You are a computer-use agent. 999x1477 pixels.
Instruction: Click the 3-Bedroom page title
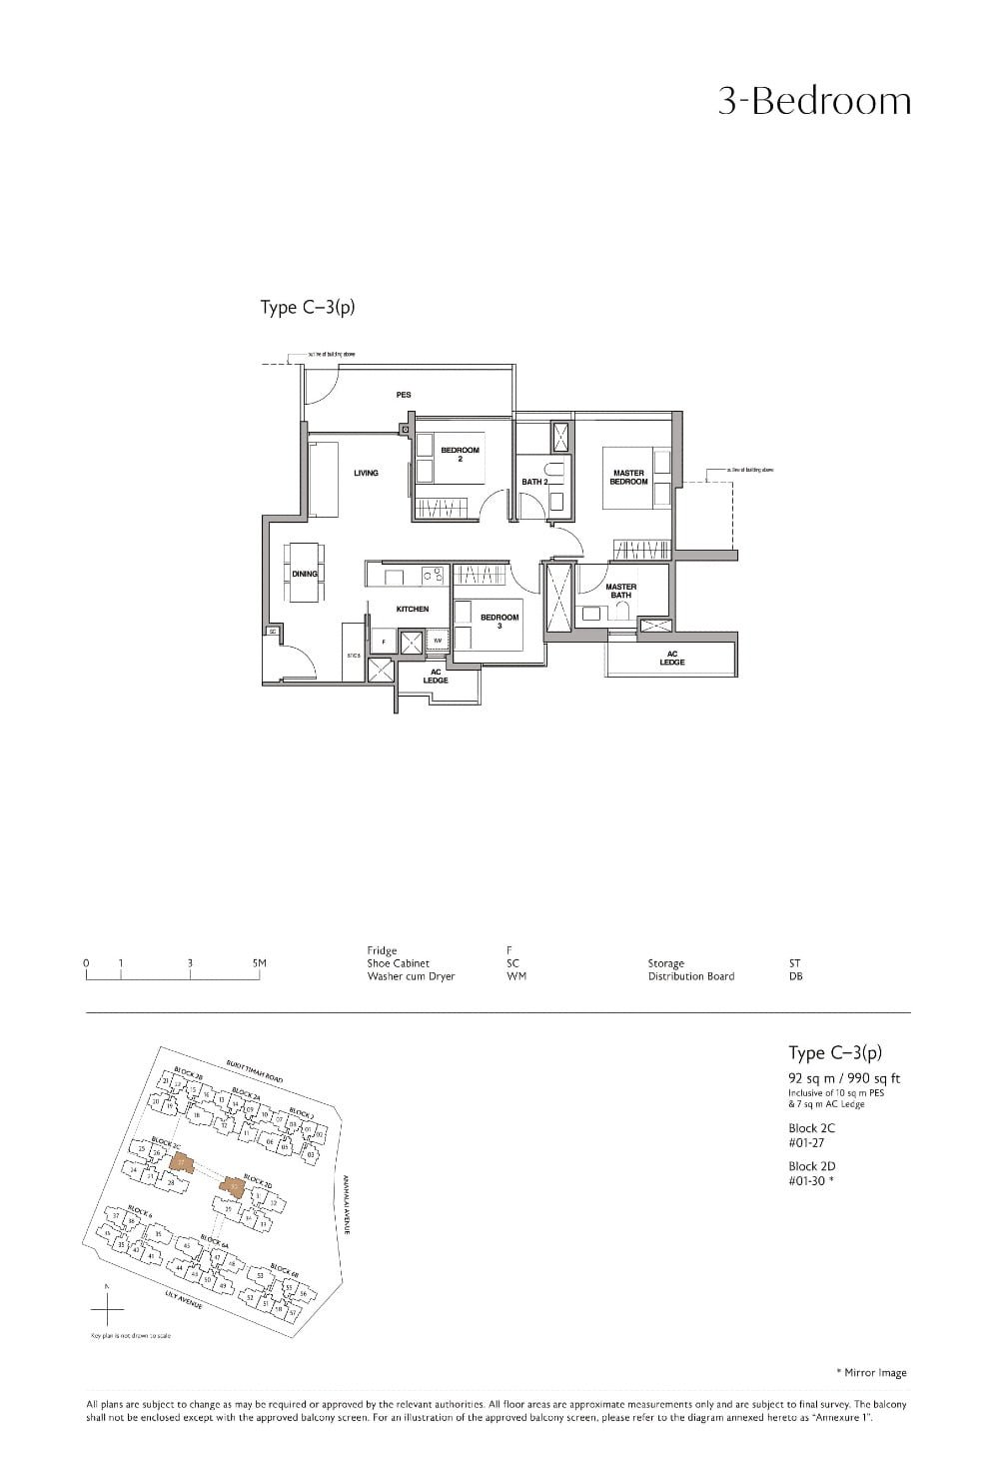click(x=814, y=102)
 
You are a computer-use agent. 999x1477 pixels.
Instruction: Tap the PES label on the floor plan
click(x=404, y=395)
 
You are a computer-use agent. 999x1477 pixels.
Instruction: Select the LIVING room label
click(x=366, y=473)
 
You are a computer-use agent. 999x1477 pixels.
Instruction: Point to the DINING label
click(x=305, y=574)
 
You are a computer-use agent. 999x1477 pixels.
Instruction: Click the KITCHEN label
click(x=413, y=609)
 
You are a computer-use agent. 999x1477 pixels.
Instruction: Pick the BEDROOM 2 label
click(x=461, y=454)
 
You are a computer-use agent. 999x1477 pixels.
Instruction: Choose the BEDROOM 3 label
click(x=499, y=621)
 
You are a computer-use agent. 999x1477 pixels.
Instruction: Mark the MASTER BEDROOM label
click(x=629, y=478)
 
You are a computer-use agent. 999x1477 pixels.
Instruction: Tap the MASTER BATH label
click(x=620, y=591)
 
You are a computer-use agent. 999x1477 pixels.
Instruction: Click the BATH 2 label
click(x=534, y=482)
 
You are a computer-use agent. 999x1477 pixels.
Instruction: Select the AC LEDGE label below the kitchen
click(x=436, y=676)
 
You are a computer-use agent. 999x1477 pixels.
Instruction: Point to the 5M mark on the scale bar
click(x=260, y=963)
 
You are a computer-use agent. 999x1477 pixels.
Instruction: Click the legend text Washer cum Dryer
click(x=411, y=976)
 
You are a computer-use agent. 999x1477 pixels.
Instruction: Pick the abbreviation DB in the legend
click(x=795, y=976)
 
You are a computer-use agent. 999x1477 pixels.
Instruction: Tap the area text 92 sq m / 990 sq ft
click(x=844, y=1078)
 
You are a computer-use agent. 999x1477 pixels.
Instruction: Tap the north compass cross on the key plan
click(x=108, y=1307)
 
